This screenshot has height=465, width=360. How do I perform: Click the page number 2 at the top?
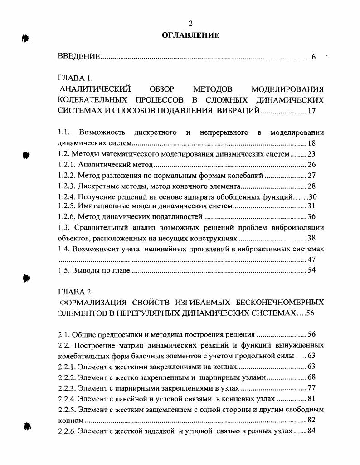[190, 24]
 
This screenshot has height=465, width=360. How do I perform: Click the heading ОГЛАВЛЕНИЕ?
[190, 35]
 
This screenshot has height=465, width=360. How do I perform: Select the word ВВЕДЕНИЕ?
[79, 57]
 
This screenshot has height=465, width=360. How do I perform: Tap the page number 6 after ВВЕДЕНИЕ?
[313, 57]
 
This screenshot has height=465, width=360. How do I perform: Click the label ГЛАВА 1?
[75, 78]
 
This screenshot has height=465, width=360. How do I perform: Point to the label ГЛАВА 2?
[76, 292]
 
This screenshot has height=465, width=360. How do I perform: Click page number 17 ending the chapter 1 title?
[311, 111]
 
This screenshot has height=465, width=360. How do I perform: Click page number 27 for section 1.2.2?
[311, 175]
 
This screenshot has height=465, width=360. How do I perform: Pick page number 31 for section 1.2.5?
[311, 206]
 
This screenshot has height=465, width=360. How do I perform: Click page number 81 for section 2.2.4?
[311, 398]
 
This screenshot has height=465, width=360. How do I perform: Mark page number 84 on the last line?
[311, 431]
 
